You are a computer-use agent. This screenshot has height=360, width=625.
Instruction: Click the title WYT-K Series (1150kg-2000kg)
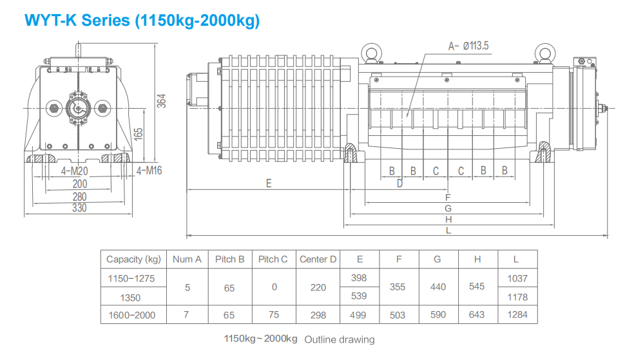(142, 20)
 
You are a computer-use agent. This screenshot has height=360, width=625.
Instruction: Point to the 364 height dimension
(162, 100)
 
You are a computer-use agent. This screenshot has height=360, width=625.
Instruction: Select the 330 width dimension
(79, 208)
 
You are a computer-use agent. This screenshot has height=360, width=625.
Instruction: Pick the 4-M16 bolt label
(149, 171)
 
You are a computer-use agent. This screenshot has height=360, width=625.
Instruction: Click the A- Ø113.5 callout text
(469, 46)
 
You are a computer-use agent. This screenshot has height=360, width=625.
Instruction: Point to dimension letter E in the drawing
(269, 184)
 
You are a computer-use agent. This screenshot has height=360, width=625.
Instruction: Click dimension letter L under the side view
(448, 230)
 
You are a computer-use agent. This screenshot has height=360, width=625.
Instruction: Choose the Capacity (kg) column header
(133, 260)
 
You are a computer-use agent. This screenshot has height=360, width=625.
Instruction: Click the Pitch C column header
(273, 260)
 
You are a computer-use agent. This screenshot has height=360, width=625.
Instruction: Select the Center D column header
(318, 260)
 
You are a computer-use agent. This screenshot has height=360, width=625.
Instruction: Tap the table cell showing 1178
(517, 297)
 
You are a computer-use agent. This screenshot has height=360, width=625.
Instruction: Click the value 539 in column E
(359, 297)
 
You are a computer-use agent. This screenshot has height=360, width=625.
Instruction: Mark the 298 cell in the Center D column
(318, 315)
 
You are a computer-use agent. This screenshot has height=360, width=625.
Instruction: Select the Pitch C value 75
(273, 315)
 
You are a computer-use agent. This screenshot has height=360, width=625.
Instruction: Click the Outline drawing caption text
(339, 339)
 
